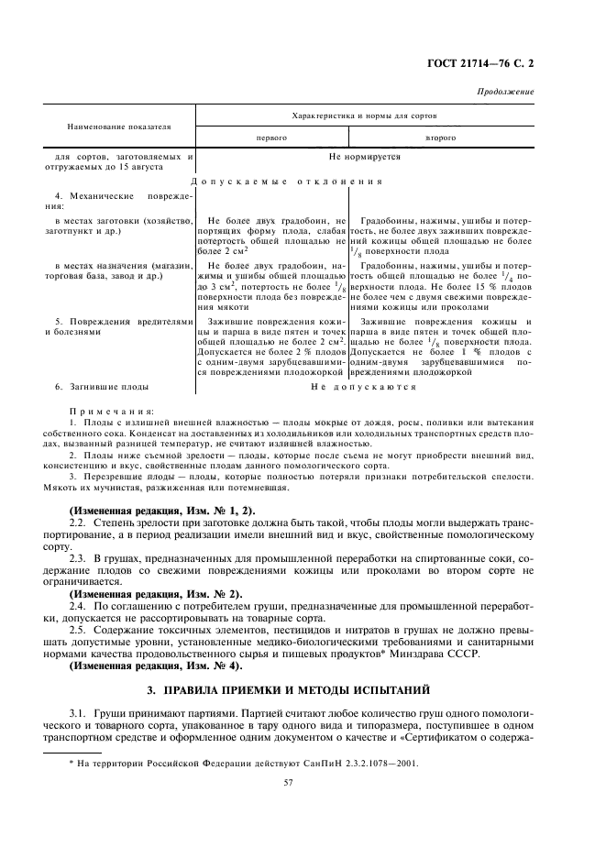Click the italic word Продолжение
[506, 93]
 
